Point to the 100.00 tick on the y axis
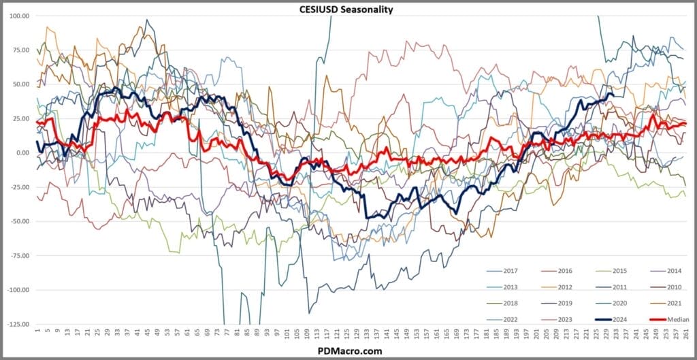point(18,15)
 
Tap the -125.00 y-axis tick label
point(17,324)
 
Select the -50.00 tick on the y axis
point(18,221)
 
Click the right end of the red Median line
point(685,123)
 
